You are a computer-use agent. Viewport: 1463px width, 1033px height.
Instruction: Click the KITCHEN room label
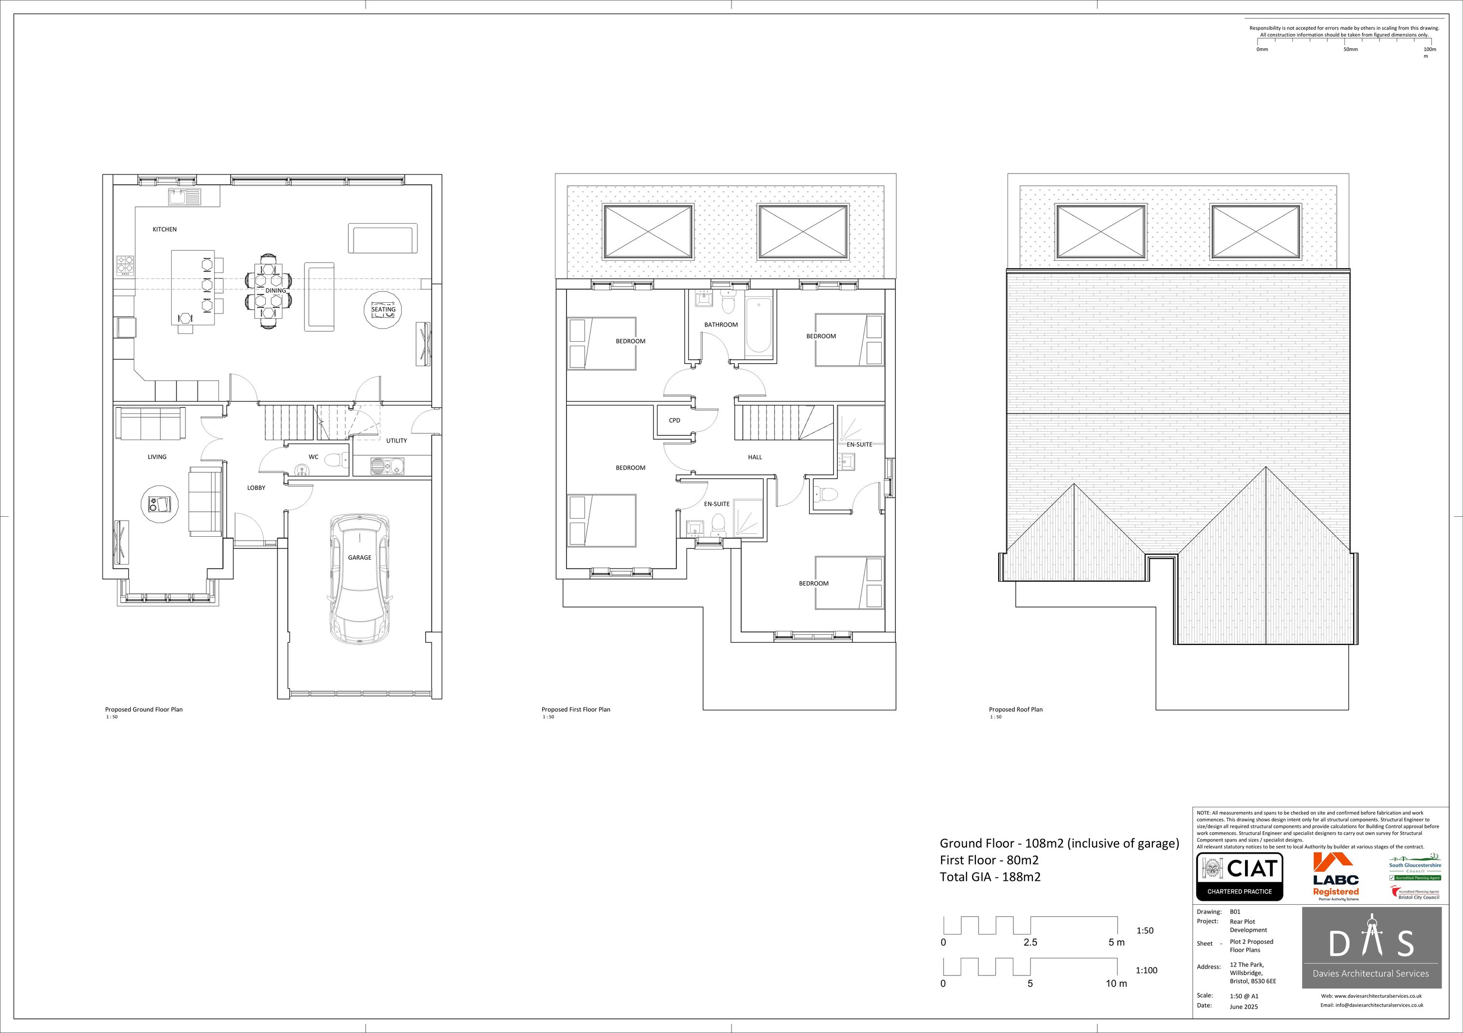[x=164, y=229]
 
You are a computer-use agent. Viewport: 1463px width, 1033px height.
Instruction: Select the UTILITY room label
[x=396, y=441]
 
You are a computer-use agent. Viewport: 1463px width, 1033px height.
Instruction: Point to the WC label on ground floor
[x=314, y=457]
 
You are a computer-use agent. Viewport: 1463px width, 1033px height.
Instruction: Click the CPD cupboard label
[x=674, y=420]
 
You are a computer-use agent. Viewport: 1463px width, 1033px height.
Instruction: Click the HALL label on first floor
[x=755, y=457]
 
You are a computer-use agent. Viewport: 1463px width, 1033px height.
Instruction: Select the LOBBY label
[x=256, y=488]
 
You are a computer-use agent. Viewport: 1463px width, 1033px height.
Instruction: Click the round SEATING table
[x=384, y=310]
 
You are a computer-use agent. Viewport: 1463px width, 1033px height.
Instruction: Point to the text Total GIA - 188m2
[x=990, y=877]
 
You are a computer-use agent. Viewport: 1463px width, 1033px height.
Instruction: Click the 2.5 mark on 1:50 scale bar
[x=1030, y=942]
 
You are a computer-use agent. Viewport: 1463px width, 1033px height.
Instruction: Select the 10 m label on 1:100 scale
[x=1116, y=983]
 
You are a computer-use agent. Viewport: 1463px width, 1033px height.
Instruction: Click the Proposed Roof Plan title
[x=1016, y=709]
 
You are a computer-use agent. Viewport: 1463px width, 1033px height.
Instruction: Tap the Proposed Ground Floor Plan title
[x=144, y=709]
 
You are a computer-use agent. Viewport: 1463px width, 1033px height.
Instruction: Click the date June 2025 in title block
[x=1244, y=1007]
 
